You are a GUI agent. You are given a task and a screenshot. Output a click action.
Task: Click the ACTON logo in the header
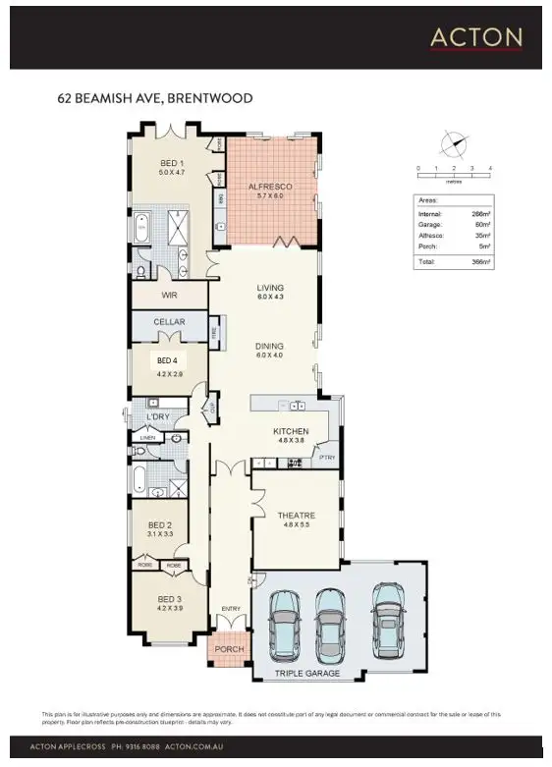[476, 37]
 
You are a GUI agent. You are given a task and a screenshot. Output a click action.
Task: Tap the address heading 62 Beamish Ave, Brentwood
[155, 98]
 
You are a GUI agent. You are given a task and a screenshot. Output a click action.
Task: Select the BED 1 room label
[173, 163]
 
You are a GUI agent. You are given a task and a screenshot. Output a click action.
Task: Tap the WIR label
[168, 293]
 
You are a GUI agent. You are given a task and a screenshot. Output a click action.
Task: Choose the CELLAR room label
[169, 322]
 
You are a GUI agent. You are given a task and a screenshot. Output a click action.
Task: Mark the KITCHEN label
[291, 431]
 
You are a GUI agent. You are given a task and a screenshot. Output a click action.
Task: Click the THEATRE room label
[295, 516]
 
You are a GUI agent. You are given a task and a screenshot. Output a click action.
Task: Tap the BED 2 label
[160, 525]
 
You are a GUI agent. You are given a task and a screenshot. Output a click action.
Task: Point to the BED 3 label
[169, 598]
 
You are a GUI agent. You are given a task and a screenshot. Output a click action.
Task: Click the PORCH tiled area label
[230, 648]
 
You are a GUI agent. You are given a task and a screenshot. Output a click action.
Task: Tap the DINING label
[269, 346]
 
